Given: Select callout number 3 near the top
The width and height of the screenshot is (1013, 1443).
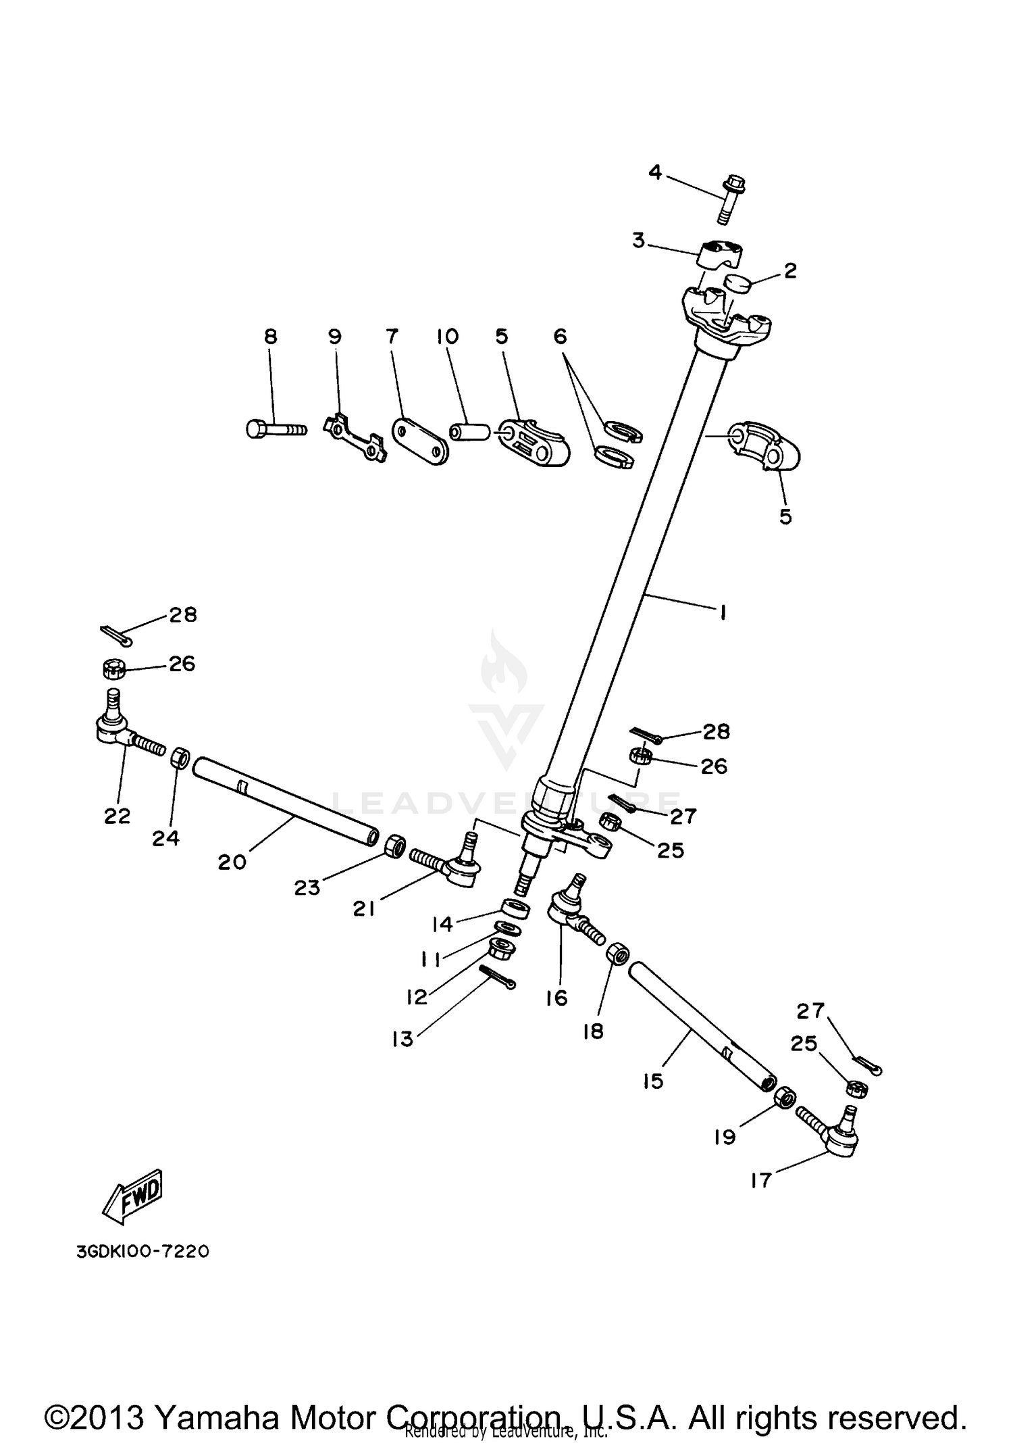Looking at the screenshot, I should pyautogui.click(x=638, y=241).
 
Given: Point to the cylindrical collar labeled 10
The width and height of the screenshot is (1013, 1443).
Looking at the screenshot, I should pyautogui.click(x=471, y=432).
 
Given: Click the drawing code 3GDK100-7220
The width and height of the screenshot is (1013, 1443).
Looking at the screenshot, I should pyautogui.click(x=142, y=1251).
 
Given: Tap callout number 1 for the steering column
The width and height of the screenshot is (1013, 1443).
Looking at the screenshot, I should pyautogui.click(x=723, y=612).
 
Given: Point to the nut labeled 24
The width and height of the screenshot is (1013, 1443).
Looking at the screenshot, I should pyautogui.click(x=179, y=758).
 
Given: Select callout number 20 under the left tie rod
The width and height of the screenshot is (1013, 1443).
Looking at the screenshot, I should pyautogui.click(x=232, y=862).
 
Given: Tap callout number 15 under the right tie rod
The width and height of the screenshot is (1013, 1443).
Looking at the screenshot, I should pyautogui.click(x=653, y=1081).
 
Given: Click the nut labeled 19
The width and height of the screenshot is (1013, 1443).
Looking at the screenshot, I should pyautogui.click(x=784, y=1097).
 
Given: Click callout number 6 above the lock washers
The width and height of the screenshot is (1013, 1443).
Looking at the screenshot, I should pyautogui.click(x=561, y=336).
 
